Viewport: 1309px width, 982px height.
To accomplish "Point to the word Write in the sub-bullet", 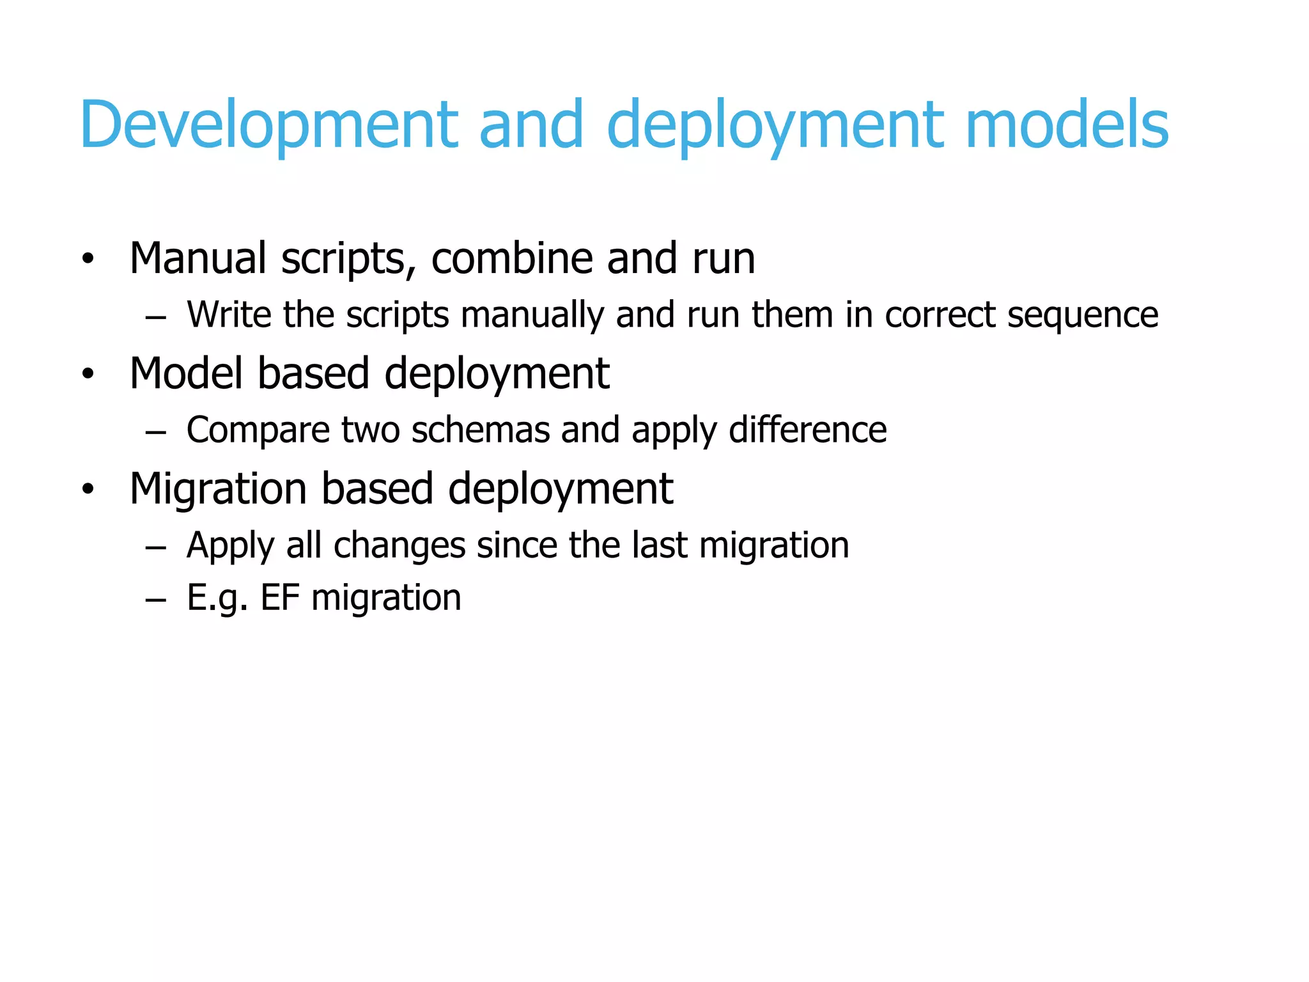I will click(x=228, y=315).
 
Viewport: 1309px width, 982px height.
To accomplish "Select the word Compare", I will click(x=258, y=431).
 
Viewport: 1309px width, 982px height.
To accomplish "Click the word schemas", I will click(x=480, y=430).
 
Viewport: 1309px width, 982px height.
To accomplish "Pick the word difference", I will click(x=808, y=430).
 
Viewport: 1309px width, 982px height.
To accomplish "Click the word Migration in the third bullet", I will click(x=218, y=489).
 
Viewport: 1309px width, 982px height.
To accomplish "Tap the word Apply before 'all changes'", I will click(x=229, y=547).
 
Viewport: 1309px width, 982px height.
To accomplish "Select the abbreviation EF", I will click(x=280, y=598).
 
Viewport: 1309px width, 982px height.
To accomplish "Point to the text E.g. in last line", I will click(x=217, y=599).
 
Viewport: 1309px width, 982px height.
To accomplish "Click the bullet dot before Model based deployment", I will click(x=88, y=374).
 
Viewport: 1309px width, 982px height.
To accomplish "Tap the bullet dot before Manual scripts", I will click(x=88, y=259).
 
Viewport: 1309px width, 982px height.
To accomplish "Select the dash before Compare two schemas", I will click(x=155, y=433).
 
